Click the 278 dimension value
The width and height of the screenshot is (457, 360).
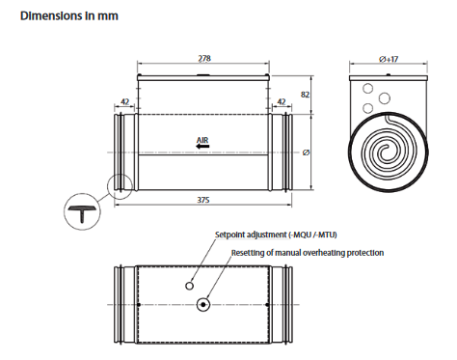coord(204,58)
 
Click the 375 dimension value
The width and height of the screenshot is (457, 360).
coord(203,200)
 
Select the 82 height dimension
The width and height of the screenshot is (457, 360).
coord(305,95)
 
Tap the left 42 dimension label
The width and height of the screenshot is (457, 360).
coord(124,101)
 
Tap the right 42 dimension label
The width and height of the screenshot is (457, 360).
coord(282,101)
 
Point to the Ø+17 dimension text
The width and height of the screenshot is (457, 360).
coord(389,59)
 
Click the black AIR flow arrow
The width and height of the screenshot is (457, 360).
coord(202,147)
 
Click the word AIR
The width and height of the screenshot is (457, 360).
coord(202,140)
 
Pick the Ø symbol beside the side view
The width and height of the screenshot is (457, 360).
coord(306,152)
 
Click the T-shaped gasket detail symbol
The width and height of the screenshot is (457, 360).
coord(82,211)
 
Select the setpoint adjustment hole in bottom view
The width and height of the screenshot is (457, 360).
coord(190,286)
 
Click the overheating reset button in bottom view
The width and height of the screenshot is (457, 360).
coord(203,304)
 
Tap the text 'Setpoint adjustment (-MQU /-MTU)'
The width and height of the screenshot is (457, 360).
coord(276,235)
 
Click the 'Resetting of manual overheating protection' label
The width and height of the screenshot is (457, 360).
coord(308,253)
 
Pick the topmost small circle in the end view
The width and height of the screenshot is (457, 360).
coord(367,88)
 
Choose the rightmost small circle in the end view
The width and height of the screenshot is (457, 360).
coord(385,98)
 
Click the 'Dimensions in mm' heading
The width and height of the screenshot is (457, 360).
coord(69,15)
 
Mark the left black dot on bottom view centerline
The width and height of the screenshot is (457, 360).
coord(139,305)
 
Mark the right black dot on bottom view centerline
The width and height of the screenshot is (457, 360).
coord(268,305)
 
